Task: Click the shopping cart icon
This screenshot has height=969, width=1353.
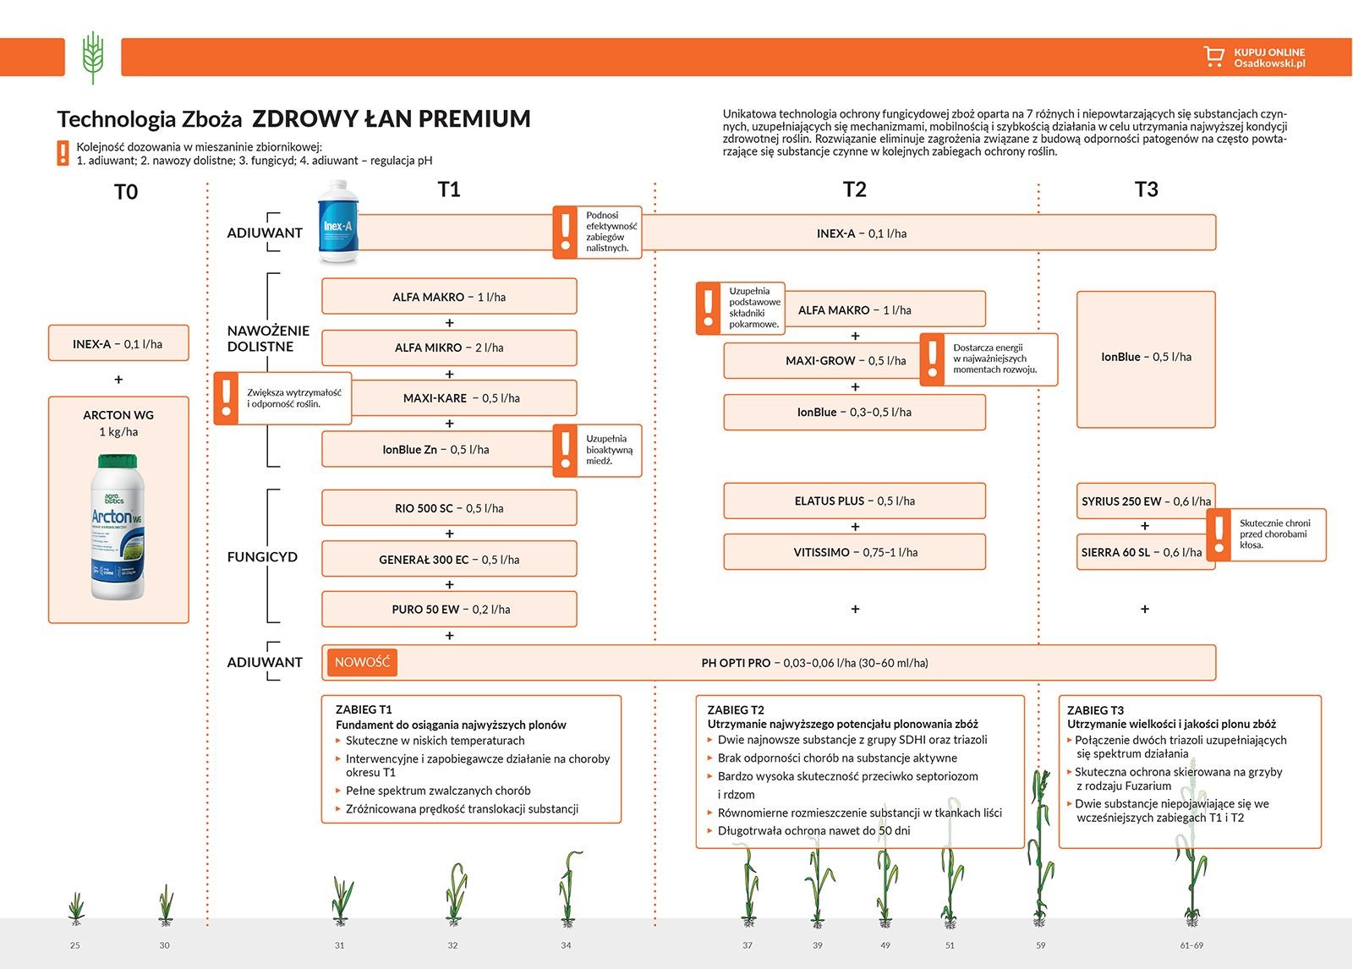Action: pyautogui.click(x=1213, y=57)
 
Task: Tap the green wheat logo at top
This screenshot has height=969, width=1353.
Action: pyautogui.click(x=93, y=57)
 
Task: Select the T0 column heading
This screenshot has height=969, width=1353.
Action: pyautogui.click(x=126, y=192)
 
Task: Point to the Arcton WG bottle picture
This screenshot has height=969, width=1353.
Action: pyautogui.click(x=118, y=527)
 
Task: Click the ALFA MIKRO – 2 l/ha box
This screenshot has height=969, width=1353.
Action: pyautogui.click(x=449, y=348)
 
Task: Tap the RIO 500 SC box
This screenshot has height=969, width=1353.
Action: pyautogui.click(x=449, y=508)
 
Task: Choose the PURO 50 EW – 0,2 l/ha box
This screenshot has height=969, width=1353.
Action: pyautogui.click(x=449, y=609)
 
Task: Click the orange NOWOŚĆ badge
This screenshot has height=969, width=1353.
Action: pyautogui.click(x=362, y=662)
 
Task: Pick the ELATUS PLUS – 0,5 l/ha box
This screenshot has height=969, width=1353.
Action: pyautogui.click(x=854, y=501)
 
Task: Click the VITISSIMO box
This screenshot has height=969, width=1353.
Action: pyautogui.click(x=854, y=552)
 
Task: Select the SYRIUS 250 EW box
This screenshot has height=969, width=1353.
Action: pyautogui.click(x=1145, y=501)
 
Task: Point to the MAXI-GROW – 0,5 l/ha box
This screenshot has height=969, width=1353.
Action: pyautogui.click(x=822, y=360)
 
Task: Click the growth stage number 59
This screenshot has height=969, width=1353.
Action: pyautogui.click(x=1040, y=945)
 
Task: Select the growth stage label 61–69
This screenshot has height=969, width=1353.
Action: pyautogui.click(x=1191, y=945)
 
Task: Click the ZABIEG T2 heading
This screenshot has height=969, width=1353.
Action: pyautogui.click(x=736, y=710)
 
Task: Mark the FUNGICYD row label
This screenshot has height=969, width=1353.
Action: pyautogui.click(x=262, y=557)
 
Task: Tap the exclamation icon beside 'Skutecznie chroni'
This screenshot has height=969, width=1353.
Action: pyautogui.click(x=1219, y=534)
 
